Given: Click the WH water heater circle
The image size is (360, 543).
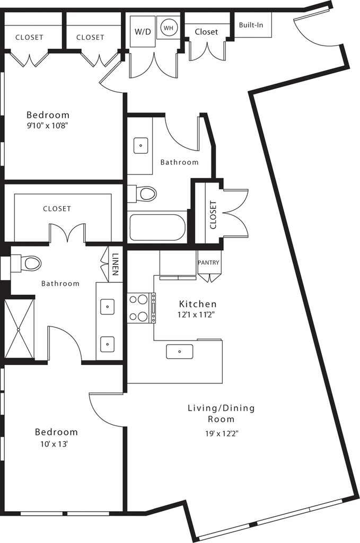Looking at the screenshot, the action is coord(168,28).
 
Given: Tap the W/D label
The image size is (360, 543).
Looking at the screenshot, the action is coord(143,32).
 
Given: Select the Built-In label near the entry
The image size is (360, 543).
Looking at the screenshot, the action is coord(251,25).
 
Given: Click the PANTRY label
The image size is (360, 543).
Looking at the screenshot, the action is coord(208,262).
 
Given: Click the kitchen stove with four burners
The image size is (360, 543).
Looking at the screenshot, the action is coord(142,308).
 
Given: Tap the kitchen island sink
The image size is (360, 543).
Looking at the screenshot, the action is coord(180,352).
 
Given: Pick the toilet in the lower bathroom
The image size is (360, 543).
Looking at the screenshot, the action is coord(26,263).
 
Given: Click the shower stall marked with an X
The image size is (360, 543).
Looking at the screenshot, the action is coord(20,329).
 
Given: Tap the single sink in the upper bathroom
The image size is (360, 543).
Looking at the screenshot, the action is coord(141,145).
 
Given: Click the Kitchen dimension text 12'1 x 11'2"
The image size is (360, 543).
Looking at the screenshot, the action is coord(198,315).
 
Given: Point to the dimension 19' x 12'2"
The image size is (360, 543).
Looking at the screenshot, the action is coord(221,433).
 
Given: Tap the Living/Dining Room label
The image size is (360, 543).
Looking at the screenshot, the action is coord(221,414).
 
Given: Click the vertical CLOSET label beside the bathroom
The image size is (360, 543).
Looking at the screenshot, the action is coord(213,215).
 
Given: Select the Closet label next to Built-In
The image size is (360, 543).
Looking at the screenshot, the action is coord(206,32).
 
